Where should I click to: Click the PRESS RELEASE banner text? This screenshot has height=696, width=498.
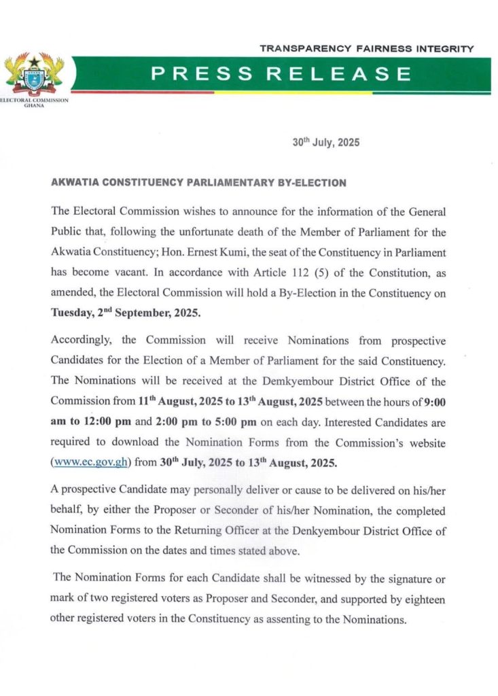pyautogui.click(x=281, y=73)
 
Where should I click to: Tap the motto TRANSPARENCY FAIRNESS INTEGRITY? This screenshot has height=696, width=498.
pyautogui.click(x=367, y=49)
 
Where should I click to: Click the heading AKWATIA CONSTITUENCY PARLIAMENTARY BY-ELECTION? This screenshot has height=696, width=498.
pyautogui.click(x=199, y=183)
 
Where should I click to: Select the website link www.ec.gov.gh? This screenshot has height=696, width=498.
pyautogui.click(x=92, y=463)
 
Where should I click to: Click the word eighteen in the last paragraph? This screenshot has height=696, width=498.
pyautogui.click(x=424, y=600)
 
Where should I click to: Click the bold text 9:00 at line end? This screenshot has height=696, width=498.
pyautogui.click(x=432, y=401)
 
